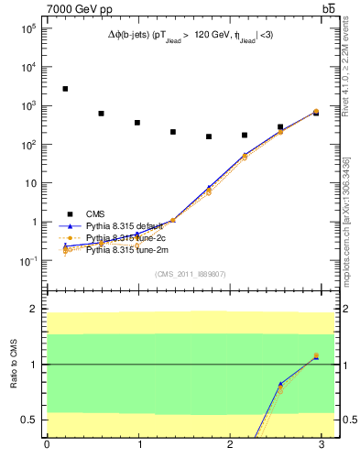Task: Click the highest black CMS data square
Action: pyautogui.click(x=65, y=89)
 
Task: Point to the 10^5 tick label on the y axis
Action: pyautogui.click(x=27, y=28)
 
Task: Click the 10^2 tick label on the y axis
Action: pyautogui.click(x=27, y=145)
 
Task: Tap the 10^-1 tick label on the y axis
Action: pyautogui.click(x=27, y=261)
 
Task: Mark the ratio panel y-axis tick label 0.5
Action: pyautogui.click(x=30, y=420)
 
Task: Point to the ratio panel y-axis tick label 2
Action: pyautogui.click(x=34, y=310)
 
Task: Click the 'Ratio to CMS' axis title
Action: pyautogui.click(x=13, y=365)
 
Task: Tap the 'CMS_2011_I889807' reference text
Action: pyautogui.click(x=191, y=273)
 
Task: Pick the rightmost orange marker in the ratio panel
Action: pyautogui.click(x=316, y=355)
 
